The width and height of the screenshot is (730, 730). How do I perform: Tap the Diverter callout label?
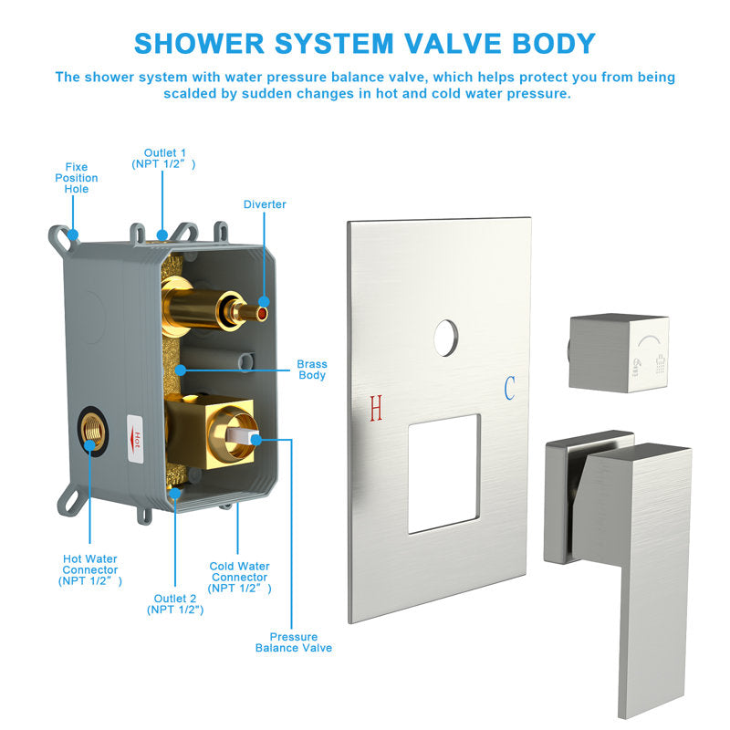265,204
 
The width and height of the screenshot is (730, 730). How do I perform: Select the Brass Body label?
312,370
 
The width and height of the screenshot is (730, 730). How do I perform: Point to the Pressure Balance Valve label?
294,642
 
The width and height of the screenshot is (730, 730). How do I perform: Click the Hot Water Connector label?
89,569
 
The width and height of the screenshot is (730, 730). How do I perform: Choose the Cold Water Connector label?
239,578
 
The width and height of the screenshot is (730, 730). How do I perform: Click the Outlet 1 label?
163,159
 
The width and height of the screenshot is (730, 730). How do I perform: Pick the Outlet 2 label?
175,604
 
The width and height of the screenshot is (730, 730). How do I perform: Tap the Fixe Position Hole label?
77,178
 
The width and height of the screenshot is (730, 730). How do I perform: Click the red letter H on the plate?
376,408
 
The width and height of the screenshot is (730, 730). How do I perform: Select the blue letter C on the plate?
510,389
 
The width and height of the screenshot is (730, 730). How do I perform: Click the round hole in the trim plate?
446,338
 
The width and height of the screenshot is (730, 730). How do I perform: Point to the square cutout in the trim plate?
443,474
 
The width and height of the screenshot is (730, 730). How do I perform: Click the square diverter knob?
620,352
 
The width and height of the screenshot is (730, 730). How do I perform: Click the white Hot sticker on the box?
135,439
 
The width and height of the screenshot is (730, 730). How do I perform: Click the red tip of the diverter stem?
264,314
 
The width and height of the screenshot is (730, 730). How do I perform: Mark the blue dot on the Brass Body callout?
181,370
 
